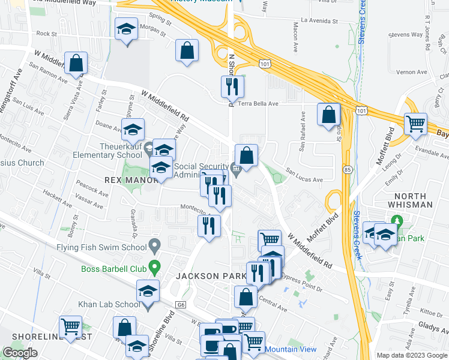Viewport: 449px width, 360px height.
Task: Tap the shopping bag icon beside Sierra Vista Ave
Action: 76,63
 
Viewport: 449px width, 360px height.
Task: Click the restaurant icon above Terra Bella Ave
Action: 232,87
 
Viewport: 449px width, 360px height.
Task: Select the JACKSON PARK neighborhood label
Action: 208,277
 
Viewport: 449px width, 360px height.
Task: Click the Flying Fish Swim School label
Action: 101,247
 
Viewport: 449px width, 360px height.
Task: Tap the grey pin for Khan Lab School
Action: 149,305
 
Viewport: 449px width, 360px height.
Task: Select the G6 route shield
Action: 181,305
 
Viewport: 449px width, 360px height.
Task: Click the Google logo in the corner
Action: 20,353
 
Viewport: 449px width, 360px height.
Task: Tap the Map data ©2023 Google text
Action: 411,355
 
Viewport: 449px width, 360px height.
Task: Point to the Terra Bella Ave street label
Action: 259,103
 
